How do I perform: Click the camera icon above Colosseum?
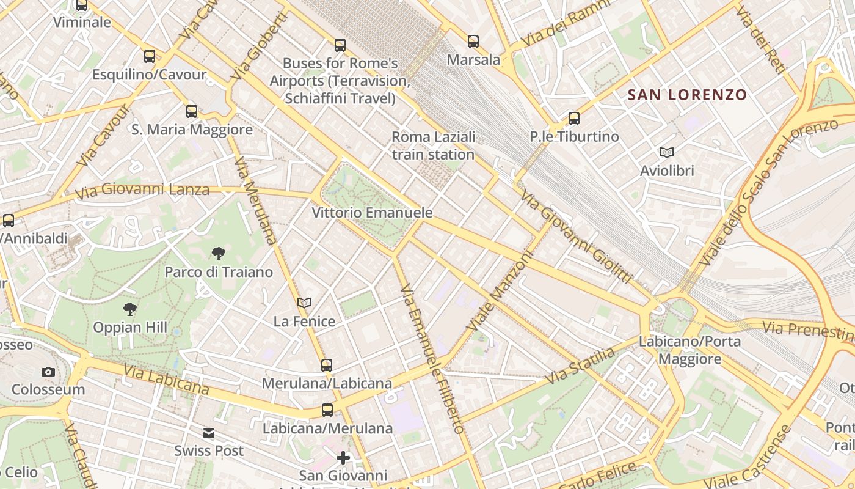48,372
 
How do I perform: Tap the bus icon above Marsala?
473,42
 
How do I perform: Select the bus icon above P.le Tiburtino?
573,119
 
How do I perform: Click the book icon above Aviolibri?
667,152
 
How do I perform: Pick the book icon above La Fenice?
304,303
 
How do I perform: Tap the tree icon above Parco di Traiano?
218,254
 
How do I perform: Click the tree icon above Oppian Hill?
129,309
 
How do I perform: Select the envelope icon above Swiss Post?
209,433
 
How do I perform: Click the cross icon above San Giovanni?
343,457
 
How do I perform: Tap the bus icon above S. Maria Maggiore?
192,111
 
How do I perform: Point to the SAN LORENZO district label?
687,95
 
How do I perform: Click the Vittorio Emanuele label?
372,213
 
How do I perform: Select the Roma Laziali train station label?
433,145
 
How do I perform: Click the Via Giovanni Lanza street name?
142,190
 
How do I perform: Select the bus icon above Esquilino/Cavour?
150,56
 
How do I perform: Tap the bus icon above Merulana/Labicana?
327,366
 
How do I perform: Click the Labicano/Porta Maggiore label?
689,350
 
